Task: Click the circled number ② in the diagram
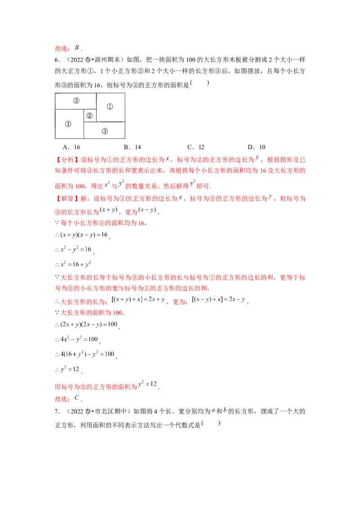point(89,116)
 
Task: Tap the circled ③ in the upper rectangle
point(76,100)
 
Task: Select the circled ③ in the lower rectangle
point(104,131)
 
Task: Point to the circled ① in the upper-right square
point(110,107)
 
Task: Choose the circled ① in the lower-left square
point(68,124)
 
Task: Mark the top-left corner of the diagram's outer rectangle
point(55,93)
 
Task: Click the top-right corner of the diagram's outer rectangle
point(125,93)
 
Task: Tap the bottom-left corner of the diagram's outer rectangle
point(55,138)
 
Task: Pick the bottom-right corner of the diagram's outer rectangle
point(125,138)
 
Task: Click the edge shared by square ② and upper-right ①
point(96,116)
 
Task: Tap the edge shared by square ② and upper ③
point(90,109)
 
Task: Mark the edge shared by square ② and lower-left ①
point(84,116)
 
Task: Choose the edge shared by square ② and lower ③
point(90,122)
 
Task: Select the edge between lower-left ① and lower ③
point(84,130)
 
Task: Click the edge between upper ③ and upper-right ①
point(96,101)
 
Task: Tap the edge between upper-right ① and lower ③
point(111,122)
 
